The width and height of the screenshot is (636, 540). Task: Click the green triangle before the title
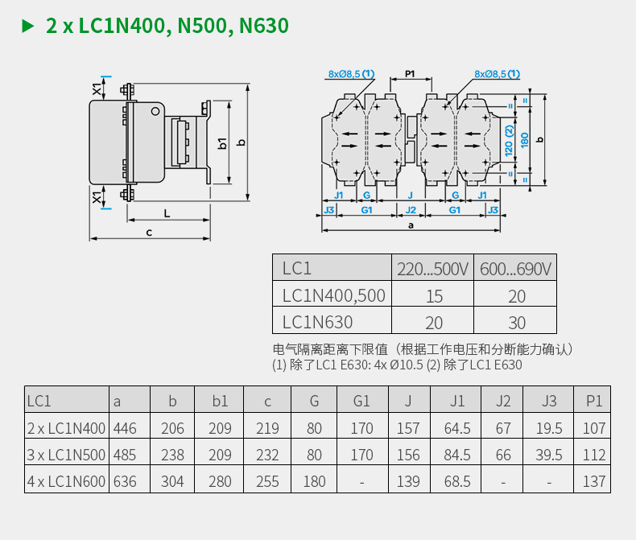28,27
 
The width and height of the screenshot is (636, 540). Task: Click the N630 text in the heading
261,27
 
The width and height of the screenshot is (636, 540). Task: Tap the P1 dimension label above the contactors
410,74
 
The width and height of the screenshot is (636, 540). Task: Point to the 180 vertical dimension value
524,139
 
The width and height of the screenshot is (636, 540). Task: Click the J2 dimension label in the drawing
411,209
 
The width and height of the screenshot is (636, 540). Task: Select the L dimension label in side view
167,213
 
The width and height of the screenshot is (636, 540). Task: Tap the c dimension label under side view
149,232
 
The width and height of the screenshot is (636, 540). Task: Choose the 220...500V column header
432,268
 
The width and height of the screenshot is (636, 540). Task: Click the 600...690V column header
516,268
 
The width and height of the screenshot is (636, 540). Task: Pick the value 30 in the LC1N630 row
516,323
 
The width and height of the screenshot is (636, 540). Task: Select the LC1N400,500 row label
333,295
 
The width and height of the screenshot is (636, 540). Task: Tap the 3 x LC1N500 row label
66,455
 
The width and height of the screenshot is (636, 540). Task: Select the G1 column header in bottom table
362,401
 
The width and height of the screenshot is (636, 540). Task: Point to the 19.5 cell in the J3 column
549,428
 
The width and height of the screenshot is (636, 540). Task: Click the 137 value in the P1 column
593,481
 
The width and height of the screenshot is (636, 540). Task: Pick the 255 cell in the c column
267,481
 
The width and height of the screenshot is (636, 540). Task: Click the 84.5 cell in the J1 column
457,455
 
